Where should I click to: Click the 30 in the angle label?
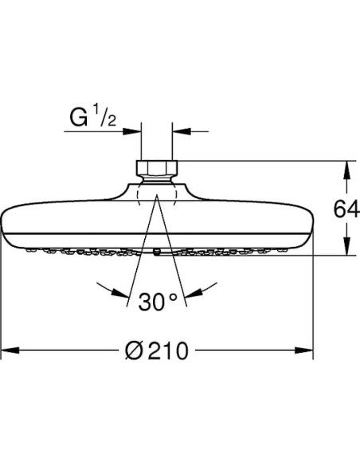(x=150, y=303)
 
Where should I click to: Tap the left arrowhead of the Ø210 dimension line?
(x=10, y=350)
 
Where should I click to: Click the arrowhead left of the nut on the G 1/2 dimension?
(x=135, y=131)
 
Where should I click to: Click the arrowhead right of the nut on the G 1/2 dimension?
(x=178, y=131)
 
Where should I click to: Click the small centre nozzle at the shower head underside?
(x=156, y=254)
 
